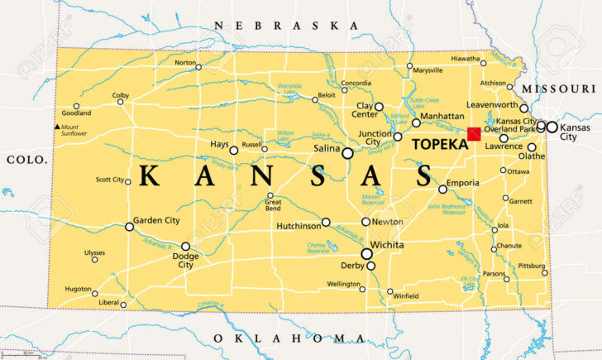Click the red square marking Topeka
click(474, 134)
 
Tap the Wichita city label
click(387, 246)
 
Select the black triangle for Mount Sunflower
click(56, 127)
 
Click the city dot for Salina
click(347, 153)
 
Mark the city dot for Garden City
click(129, 226)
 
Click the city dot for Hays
click(234, 151)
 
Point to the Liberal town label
click(109, 303)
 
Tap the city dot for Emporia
click(442, 190)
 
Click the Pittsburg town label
click(531, 266)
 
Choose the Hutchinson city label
click(298, 223)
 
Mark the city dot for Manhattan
click(416, 122)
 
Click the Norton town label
click(185, 63)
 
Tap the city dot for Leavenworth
click(523, 108)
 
